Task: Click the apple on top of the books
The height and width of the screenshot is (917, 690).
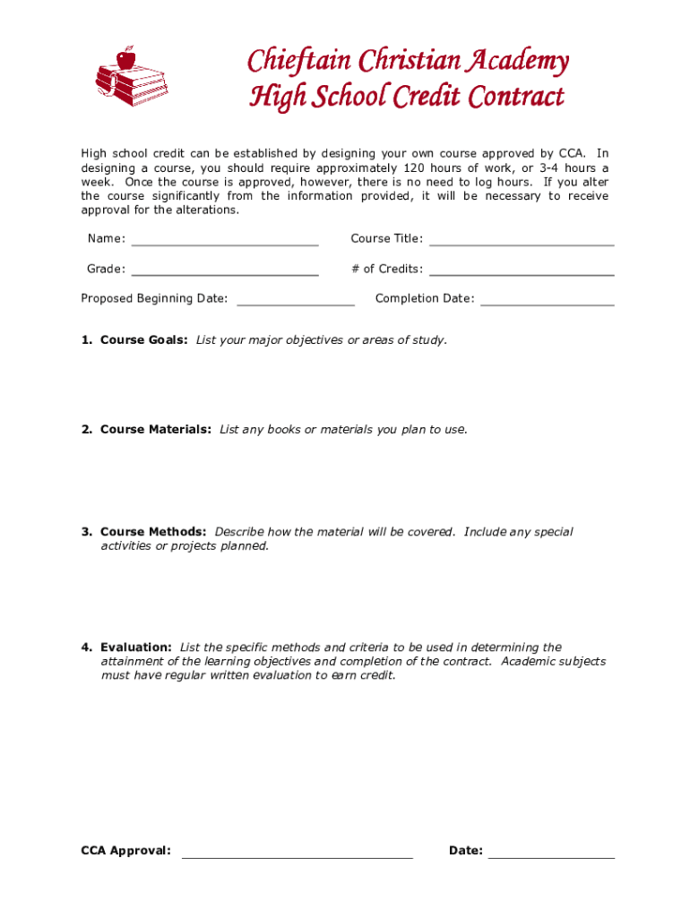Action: coord(125,58)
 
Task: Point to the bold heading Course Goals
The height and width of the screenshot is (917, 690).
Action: coord(143,340)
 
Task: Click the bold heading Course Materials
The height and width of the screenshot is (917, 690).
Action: coord(155,430)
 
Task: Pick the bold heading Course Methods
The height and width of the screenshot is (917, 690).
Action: coord(153,532)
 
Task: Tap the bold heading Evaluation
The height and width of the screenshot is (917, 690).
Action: coord(136,647)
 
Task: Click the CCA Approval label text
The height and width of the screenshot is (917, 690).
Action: coord(125,851)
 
